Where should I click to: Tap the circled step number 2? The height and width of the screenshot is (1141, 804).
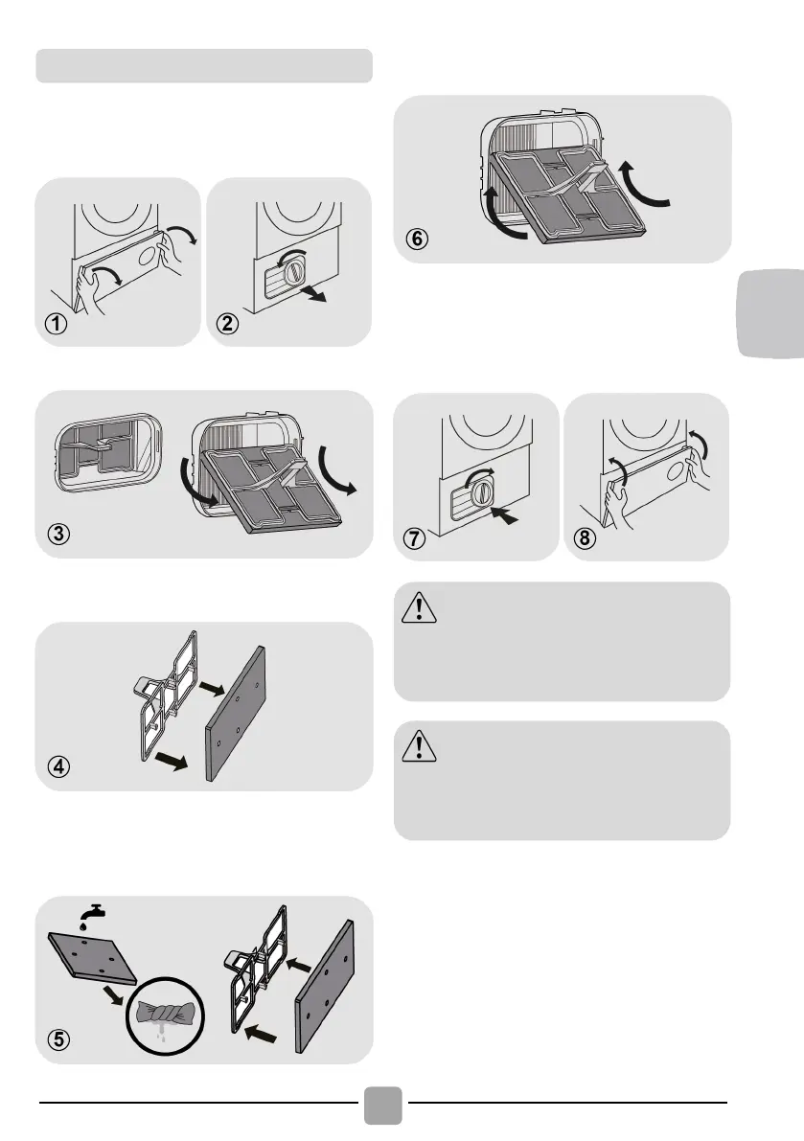point(229,325)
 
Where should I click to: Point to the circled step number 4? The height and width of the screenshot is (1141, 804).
point(57,767)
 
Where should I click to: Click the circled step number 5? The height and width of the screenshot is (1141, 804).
point(57,1040)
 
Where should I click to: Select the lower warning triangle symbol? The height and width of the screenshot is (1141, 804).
point(419,746)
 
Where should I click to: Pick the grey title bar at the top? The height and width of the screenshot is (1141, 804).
point(203,65)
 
